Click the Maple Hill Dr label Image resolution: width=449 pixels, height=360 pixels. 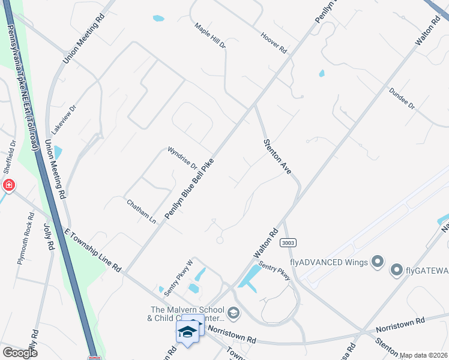click(210, 36)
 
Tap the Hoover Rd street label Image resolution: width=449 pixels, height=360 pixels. click(274, 43)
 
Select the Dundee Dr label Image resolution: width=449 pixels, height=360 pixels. click(402, 98)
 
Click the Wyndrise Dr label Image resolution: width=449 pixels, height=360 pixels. click(181, 157)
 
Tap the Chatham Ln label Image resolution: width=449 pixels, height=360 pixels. click(141, 212)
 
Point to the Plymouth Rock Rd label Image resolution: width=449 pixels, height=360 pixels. click(26, 239)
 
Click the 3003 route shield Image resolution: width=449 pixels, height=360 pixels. click(288, 242)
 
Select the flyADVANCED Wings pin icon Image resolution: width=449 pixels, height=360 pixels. click(378, 262)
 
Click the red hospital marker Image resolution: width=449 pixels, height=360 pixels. click(9, 185)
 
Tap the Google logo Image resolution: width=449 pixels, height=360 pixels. click(19, 353)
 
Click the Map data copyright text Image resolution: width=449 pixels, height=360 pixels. click(423, 355)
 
